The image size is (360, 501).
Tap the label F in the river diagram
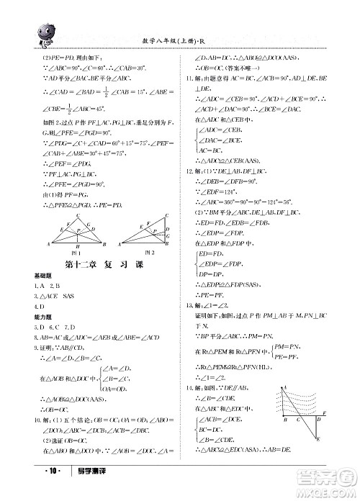click(326, 412)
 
